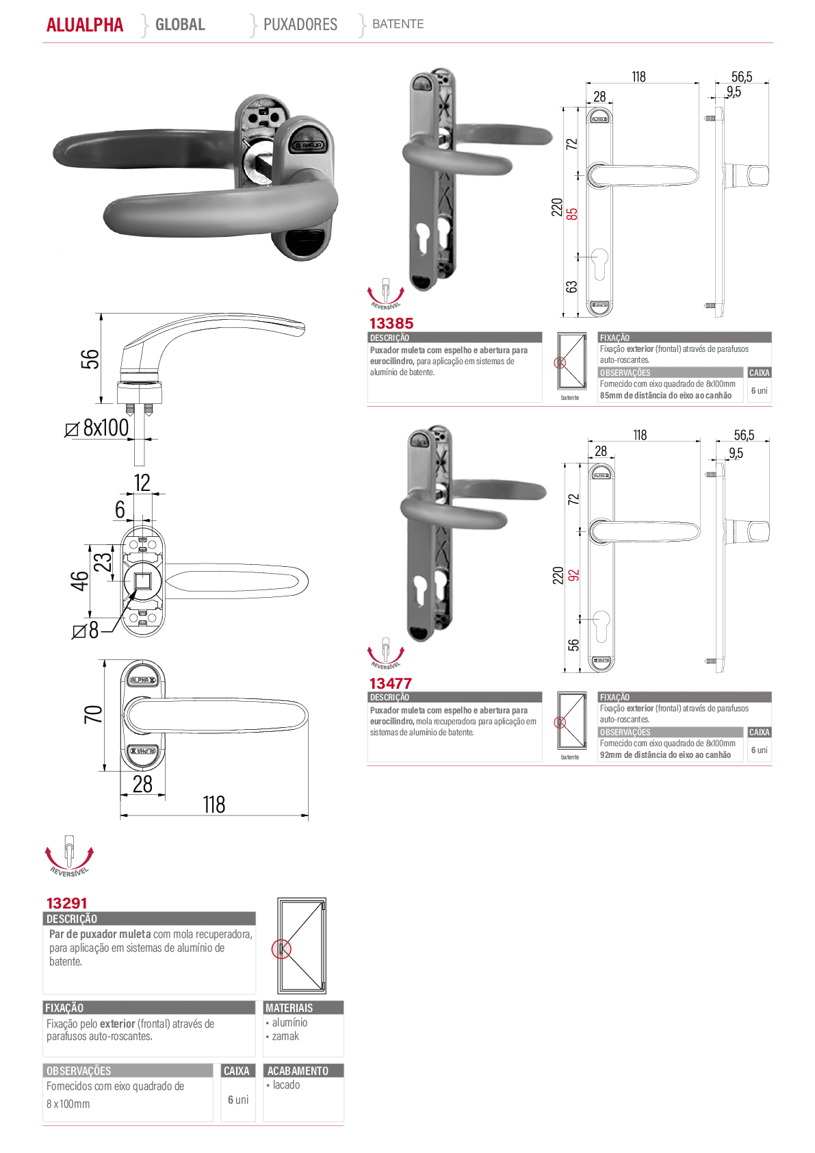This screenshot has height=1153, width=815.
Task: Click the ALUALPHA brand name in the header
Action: pos(85,25)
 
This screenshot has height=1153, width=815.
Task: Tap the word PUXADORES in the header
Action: pos(300,24)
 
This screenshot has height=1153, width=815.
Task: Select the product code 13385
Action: pos(391,323)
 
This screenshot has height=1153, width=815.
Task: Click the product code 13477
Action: pos(391,683)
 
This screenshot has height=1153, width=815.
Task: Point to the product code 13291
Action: pos(67,903)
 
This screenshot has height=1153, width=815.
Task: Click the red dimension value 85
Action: pos(571,214)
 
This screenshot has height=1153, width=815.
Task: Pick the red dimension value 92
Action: pos(573,575)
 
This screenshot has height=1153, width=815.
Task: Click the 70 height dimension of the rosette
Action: pos(93,714)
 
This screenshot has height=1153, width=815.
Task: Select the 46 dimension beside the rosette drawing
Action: pos(80,581)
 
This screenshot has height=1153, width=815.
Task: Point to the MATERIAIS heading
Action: pos(289,1007)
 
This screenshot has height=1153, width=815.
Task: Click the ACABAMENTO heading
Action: pos(298,1071)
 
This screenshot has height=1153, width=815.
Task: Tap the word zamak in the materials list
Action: pos(285,1036)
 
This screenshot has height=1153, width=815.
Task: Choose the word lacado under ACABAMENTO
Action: pos(287,1085)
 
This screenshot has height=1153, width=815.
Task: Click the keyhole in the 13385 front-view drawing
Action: pos(600,263)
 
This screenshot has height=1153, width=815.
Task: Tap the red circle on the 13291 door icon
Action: pos(281,949)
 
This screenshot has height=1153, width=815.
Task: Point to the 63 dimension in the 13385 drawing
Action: pos(571,287)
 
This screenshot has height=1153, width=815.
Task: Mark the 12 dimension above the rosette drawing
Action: pos(142,483)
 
